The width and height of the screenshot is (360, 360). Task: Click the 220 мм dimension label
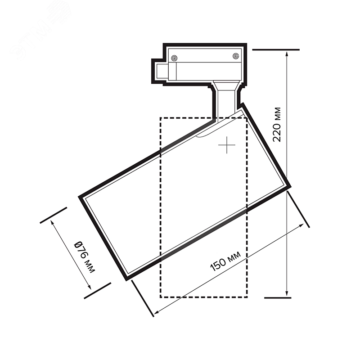pos(277,124)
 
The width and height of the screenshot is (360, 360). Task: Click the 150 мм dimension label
pos(225,261)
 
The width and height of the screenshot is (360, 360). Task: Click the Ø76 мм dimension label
pos(85,257)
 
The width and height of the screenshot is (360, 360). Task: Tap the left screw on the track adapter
pos(175,58)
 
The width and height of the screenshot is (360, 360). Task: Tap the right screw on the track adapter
pos(235,56)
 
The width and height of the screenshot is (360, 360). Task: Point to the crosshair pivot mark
pos(227,145)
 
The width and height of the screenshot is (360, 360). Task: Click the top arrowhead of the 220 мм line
pos(287,54)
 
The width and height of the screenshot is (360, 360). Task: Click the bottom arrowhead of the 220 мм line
pos(287,293)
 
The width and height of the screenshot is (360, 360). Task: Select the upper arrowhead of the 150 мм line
pos(301,226)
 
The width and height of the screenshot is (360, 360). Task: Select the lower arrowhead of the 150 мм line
pos(157,312)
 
